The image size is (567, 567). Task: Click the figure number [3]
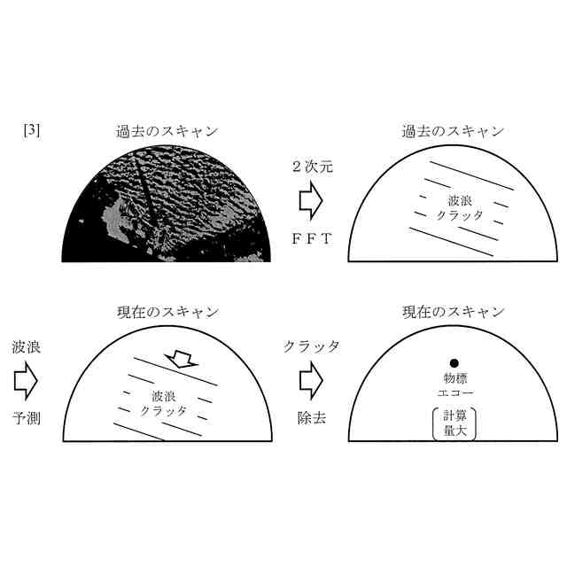[x=32, y=130]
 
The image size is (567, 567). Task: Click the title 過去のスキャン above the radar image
[x=167, y=131]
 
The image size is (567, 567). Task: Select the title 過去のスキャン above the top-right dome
[x=453, y=131]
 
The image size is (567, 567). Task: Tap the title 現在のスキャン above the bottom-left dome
[x=167, y=312]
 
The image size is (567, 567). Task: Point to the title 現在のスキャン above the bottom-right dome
[x=454, y=312]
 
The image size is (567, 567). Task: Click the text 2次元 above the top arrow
[x=313, y=167]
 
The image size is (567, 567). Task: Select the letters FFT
[x=312, y=238]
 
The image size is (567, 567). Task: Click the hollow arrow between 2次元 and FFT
[x=311, y=201]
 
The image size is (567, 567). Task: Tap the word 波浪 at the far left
[x=26, y=347]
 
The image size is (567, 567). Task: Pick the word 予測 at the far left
[x=26, y=418]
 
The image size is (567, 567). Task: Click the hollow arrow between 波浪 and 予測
[x=26, y=381]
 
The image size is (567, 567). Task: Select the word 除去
[x=312, y=418]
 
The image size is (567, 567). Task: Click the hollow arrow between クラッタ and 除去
[x=311, y=381]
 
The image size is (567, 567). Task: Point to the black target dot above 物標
[x=454, y=363]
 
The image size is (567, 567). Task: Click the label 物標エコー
[x=455, y=385]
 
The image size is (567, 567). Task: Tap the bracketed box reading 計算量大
[x=454, y=424]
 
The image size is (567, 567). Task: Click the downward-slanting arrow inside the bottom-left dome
[x=182, y=359]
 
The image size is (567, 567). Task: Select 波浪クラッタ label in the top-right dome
[x=460, y=208]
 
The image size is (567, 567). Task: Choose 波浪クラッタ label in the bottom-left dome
[x=164, y=404]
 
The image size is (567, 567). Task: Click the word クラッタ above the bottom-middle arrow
[x=312, y=346]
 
